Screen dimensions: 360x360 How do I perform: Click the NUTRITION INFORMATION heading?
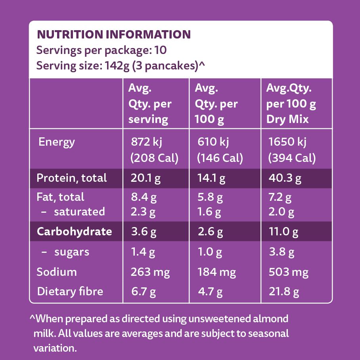113,35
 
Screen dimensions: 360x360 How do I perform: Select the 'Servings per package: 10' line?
101,50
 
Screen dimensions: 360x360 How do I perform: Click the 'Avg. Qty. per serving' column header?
150,104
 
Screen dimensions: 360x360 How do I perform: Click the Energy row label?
56,142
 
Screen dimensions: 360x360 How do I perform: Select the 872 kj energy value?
147,142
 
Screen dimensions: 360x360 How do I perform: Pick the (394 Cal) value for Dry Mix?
292,158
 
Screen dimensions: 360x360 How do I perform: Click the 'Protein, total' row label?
72,178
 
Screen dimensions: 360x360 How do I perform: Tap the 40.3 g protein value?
285,178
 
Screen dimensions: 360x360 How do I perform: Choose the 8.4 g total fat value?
143,197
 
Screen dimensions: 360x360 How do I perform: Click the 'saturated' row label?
79,212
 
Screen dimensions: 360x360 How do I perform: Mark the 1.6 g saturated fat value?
209,212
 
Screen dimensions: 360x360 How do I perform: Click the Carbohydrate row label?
75,231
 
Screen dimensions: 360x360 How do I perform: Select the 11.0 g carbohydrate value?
283,232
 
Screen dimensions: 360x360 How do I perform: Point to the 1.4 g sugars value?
143,252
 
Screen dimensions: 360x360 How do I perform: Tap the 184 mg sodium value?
216,272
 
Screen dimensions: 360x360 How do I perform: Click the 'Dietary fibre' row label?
70,292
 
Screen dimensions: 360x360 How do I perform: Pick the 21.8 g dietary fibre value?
283,292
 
